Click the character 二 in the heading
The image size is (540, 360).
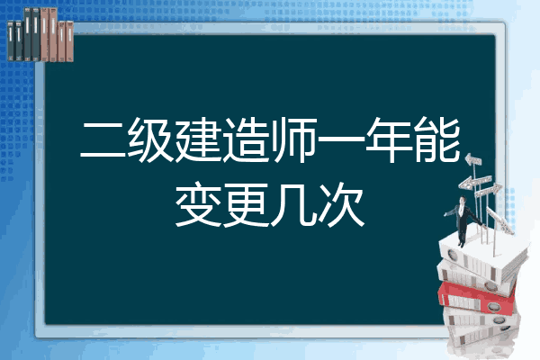pyautogui.click(x=103, y=140)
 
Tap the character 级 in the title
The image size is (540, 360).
pyautogui.click(x=150, y=139)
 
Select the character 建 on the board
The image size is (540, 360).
pyautogui.click(x=198, y=139)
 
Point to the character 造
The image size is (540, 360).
pyautogui.click(x=246, y=139)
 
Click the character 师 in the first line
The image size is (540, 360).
pyautogui.click(x=293, y=139)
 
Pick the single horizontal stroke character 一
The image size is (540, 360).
pyautogui.click(x=341, y=140)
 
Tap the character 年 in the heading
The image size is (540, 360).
pyautogui.click(x=389, y=139)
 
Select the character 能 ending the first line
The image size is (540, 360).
pyautogui.click(x=437, y=139)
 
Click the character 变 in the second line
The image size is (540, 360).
pyautogui.click(x=198, y=204)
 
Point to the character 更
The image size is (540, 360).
pyautogui.click(x=246, y=204)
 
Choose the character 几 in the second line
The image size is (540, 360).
pyautogui.click(x=293, y=205)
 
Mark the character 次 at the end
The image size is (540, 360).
pyautogui.click(x=341, y=204)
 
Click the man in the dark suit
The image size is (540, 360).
pyautogui.click(x=463, y=221)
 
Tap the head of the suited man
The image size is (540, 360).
pyautogui.click(x=463, y=200)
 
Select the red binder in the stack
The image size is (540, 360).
pyautogui.click(x=476, y=298)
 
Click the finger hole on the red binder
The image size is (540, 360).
pyautogui.click(x=493, y=306)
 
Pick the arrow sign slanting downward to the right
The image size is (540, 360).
pyautogui.click(x=499, y=220)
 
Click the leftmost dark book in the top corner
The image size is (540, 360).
pyautogui.click(x=11, y=41)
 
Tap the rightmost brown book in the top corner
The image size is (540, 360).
pyautogui.click(x=69, y=41)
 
